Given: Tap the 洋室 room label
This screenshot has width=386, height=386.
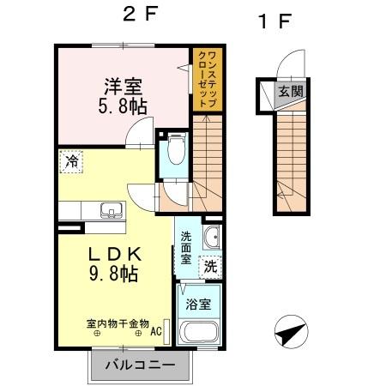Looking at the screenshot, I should point(123,86).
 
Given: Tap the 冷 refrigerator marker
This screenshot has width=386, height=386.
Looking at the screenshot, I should point(72,160).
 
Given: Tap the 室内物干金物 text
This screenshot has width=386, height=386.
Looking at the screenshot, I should point(118,324).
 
